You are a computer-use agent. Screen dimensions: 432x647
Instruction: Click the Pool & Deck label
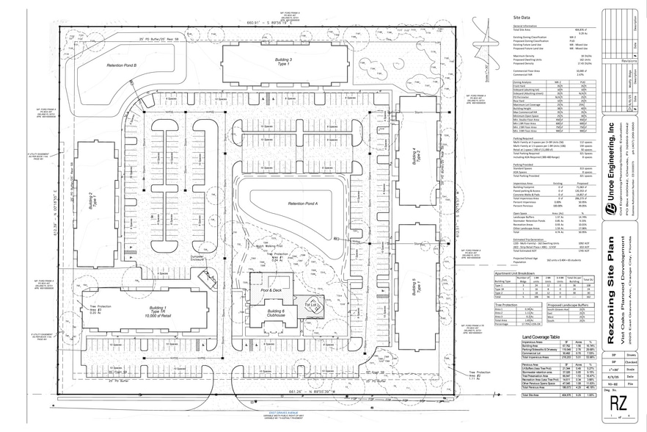[272, 289]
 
